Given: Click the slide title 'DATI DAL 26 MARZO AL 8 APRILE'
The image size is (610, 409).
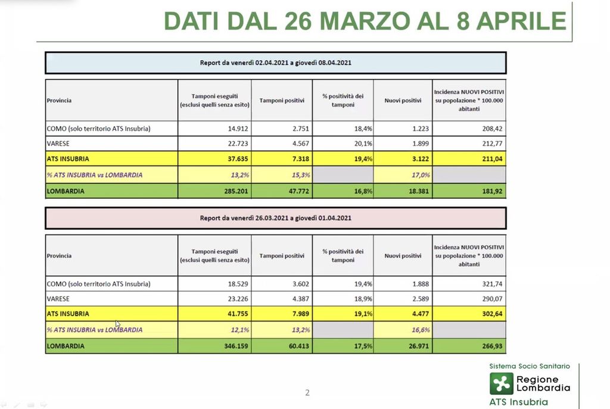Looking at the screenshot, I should [x=365, y=21].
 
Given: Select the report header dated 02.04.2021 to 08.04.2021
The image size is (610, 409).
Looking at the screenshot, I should [x=275, y=62].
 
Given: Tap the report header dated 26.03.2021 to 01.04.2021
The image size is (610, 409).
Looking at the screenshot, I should [x=275, y=218].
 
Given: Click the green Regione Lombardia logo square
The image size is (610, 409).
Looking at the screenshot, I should [x=501, y=383].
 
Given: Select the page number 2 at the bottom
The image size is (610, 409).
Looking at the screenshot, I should [x=307, y=392].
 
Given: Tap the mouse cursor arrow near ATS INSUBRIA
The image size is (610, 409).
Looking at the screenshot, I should [x=117, y=323].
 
